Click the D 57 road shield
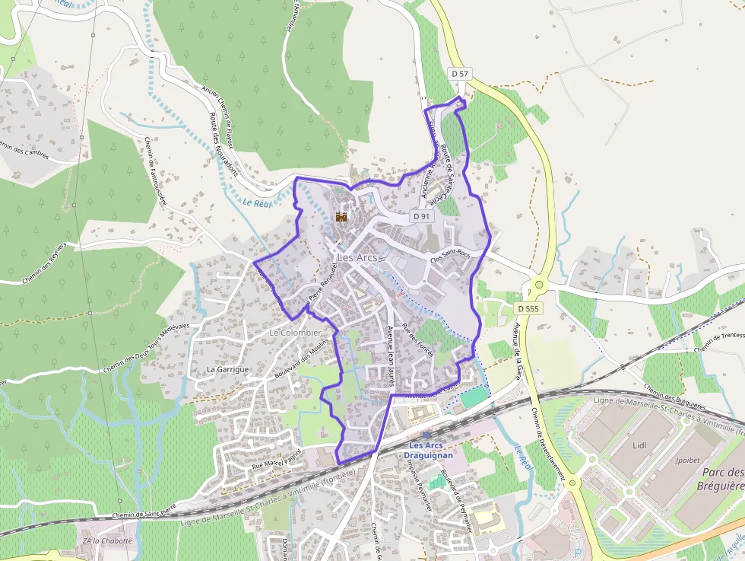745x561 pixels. tap(459, 74)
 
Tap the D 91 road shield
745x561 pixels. tap(421, 216)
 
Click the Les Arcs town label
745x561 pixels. tap(357, 257)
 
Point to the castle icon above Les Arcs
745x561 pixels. tap(341, 217)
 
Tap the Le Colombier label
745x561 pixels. tap(295, 333)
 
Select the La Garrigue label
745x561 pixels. tap(228, 369)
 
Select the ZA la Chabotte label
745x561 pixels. tap(107, 540)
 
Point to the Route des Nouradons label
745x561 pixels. tap(223, 145)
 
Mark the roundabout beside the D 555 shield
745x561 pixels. tap(539, 285)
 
